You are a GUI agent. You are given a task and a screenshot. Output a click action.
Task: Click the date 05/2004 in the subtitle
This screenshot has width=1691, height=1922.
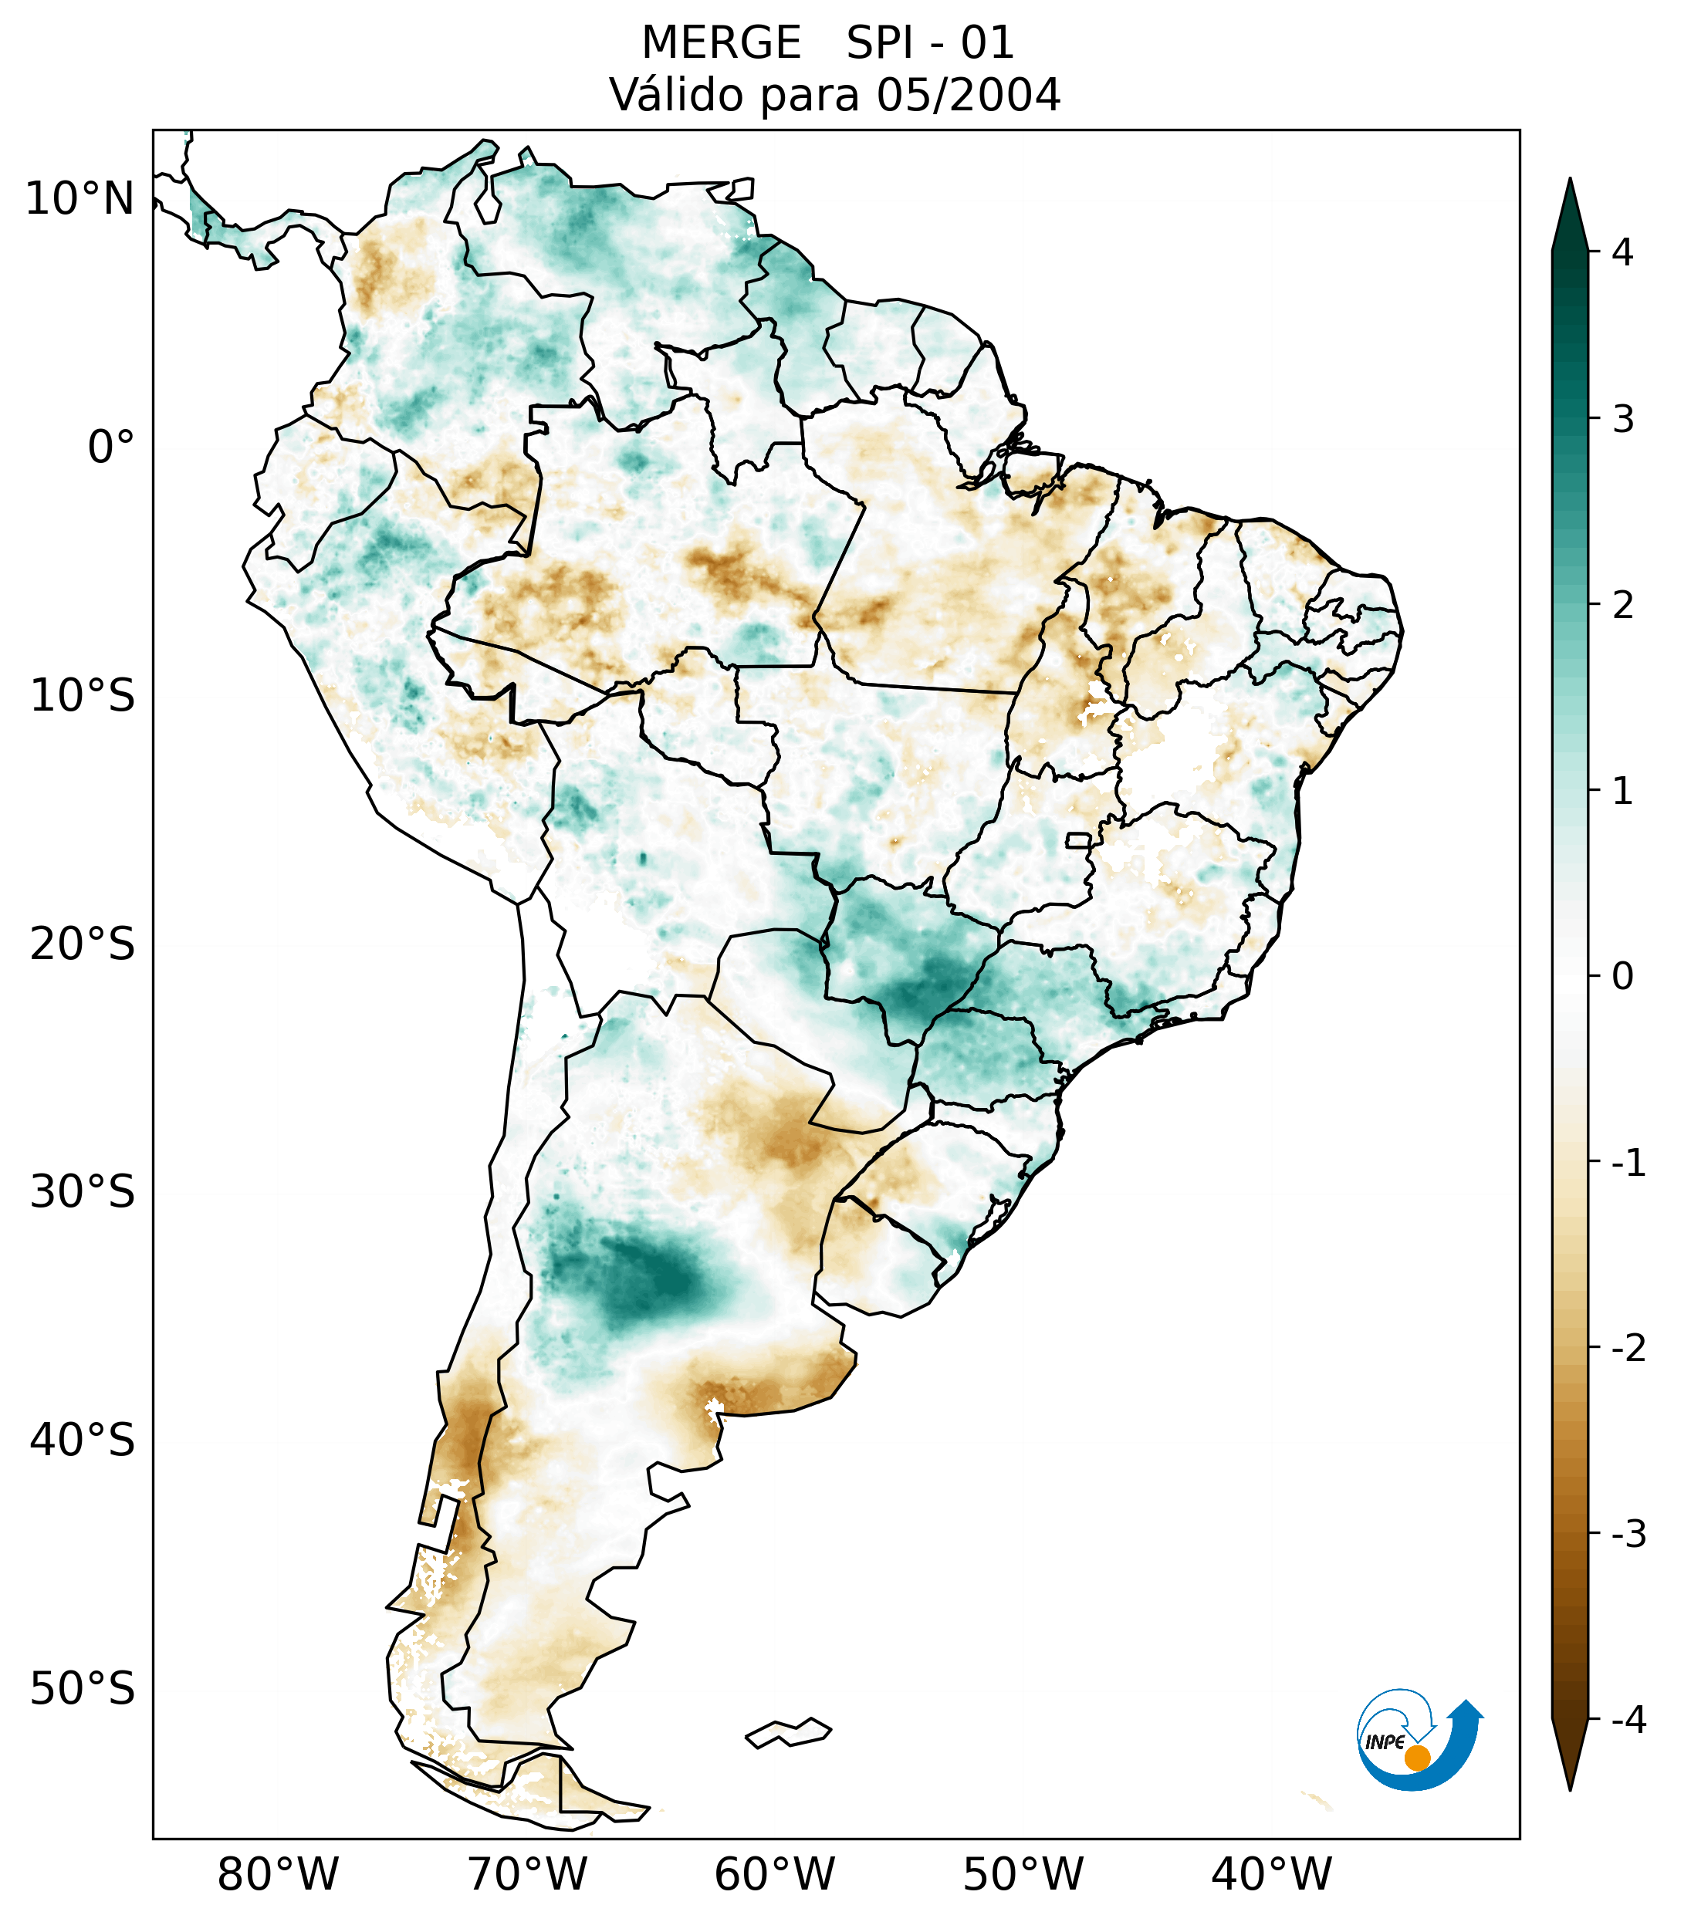[969, 95]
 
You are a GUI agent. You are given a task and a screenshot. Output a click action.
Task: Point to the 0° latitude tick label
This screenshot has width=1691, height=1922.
[111, 447]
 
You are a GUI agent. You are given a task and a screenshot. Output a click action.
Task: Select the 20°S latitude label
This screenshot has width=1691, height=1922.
[83, 944]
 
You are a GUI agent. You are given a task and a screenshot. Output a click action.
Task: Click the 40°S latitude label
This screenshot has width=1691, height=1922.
[83, 1441]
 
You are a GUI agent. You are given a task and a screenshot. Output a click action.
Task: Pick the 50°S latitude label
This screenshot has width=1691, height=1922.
[83, 1690]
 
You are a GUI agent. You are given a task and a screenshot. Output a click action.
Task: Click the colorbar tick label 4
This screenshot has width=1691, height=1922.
[1622, 252]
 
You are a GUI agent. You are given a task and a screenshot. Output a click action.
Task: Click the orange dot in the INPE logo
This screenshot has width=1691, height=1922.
[1416, 1758]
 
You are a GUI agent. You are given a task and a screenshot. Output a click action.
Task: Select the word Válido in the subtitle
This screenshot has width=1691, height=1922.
[677, 95]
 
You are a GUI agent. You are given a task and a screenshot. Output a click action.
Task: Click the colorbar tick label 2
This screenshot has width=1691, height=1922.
[1622, 606]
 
